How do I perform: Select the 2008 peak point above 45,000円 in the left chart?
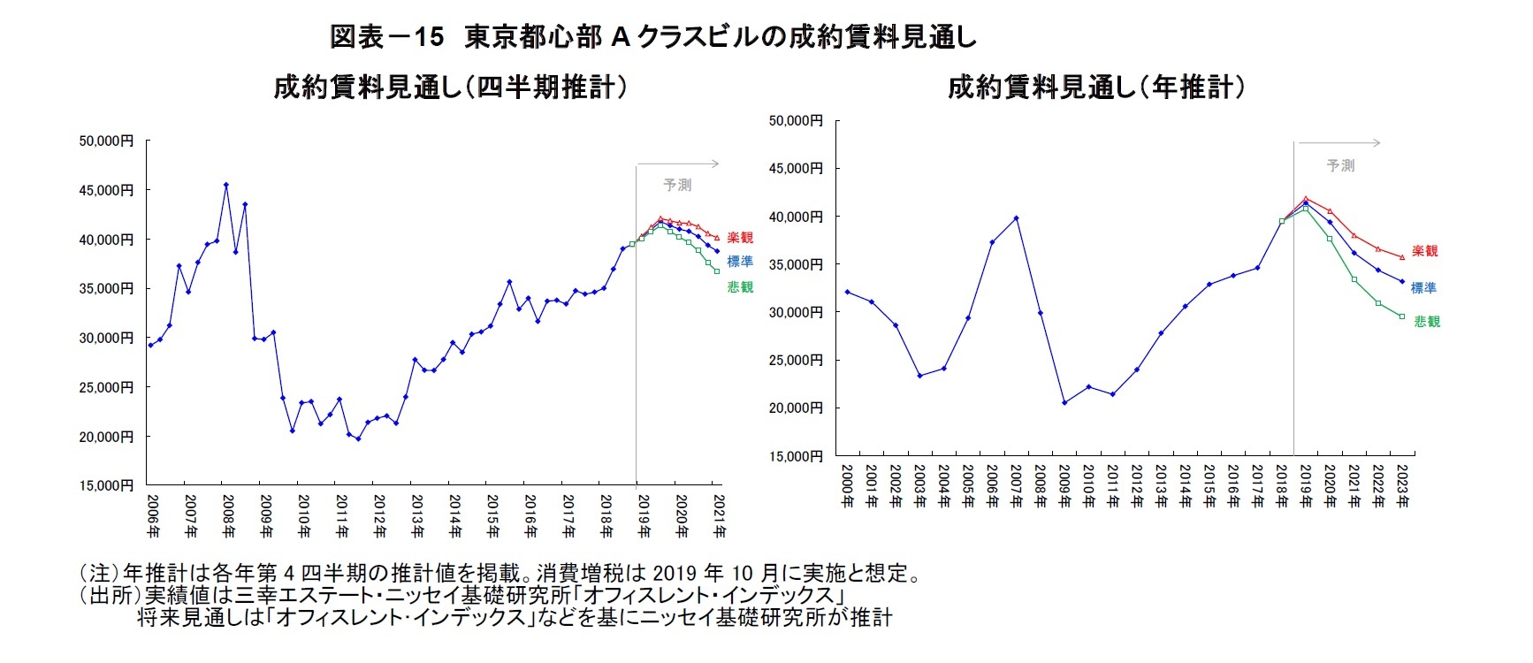[x=226, y=185]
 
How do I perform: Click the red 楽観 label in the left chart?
[x=740, y=238]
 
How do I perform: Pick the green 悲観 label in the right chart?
[x=1427, y=322]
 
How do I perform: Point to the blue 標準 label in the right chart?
[x=1423, y=288]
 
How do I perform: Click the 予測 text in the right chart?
[x=1340, y=165]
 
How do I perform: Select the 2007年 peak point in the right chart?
[x=1017, y=217]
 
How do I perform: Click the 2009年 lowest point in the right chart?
[x=1064, y=402]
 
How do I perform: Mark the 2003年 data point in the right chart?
[x=920, y=376]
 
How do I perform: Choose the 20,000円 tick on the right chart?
[x=796, y=408]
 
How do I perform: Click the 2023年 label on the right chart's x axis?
[x=1402, y=486]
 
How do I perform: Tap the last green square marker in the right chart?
[x=1402, y=316]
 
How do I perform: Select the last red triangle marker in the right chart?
[x=1402, y=257]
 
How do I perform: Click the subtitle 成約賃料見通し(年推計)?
[x=1096, y=88]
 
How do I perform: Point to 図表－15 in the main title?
[x=386, y=37]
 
